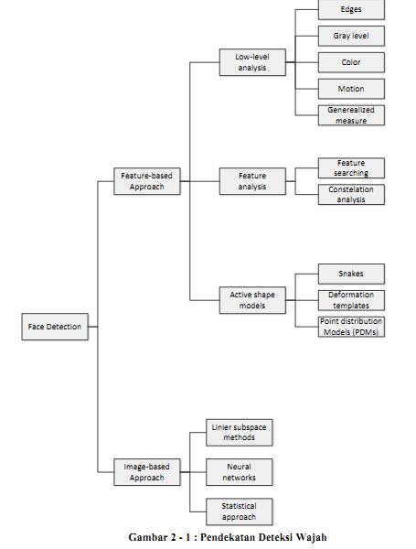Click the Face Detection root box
click(x=55, y=327)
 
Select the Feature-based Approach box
click(x=147, y=181)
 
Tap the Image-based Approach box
click(x=147, y=472)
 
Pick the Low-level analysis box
click(x=252, y=62)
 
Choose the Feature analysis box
click(x=252, y=181)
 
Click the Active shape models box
click(x=252, y=300)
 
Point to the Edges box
click(x=351, y=9)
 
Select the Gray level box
click(x=351, y=36)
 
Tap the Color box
click(x=351, y=62)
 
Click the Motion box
click(x=351, y=89)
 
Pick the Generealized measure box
click(x=351, y=115)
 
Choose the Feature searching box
click(x=351, y=168)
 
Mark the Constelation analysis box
click(x=351, y=194)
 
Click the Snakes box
click(x=351, y=274)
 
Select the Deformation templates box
click(x=351, y=300)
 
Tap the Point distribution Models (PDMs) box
click(x=351, y=327)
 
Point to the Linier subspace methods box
click(x=240, y=433)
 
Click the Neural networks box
click(x=240, y=472)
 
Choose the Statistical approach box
click(x=240, y=511)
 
